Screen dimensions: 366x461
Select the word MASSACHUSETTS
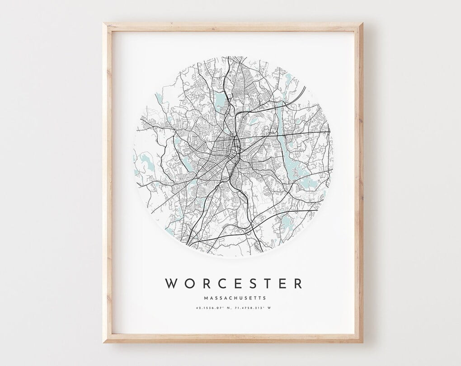tap(235, 298)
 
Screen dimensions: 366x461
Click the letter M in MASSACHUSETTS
tap(206, 298)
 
